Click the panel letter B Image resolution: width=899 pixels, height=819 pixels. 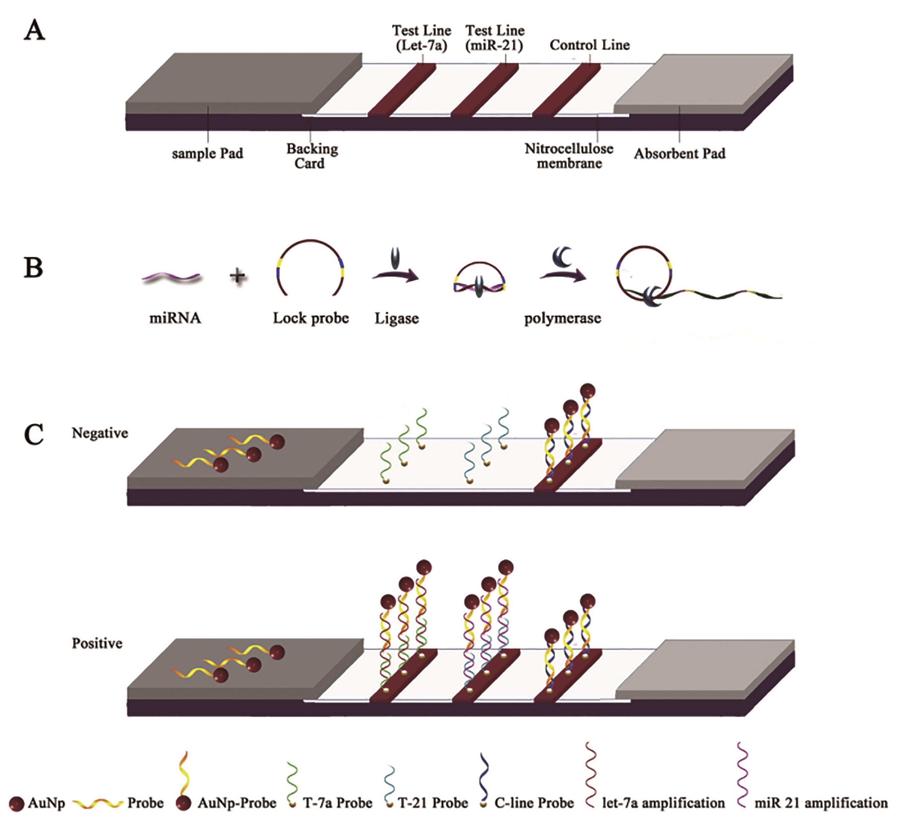(x=33, y=268)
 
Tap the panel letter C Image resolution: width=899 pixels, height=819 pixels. (x=34, y=434)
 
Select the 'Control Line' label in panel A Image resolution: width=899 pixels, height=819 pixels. (x=590, y=45)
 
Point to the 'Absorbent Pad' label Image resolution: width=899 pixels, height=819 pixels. (x=680, y=154)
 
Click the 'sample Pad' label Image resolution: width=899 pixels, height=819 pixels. (x=207, y=154)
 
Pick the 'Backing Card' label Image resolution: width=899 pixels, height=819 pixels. (x=312, y=156)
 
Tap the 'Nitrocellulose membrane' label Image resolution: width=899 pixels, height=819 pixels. (x=569, y=156)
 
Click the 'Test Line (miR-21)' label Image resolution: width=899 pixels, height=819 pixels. (x=495, y=38)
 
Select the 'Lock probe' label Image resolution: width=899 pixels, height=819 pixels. (x=311, y=318)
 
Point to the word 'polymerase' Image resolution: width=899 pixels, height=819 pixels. (x=562, y=318)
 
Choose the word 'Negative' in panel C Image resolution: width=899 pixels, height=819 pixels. (x=100, y=433)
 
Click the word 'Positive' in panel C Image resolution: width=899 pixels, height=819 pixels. (x=97, y=643)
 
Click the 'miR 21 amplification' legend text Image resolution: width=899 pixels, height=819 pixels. (x=821, y=803)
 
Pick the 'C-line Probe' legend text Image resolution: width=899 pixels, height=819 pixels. (x=534, y=803)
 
